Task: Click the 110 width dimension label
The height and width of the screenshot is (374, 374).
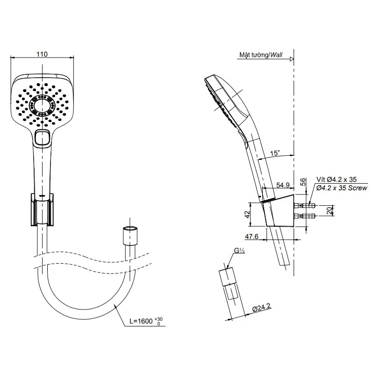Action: click(x=42, y=54)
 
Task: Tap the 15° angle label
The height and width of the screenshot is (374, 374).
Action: click(x=275, y=153)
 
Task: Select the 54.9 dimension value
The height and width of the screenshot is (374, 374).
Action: click(x=283, y=185)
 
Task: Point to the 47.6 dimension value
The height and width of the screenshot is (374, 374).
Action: click(x=252, y=237)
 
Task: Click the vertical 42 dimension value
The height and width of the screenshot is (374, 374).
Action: click(x=247, y=214)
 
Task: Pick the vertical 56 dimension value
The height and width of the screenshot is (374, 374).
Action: click(x=303, y=182)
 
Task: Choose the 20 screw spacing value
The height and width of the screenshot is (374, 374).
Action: click(x=330, y=210)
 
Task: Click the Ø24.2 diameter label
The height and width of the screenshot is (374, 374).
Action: click(x=262, y=308)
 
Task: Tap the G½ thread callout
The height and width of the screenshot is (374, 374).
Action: click(x=239, y=251)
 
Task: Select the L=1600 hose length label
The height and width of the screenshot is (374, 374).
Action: click(x=141, y=321)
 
